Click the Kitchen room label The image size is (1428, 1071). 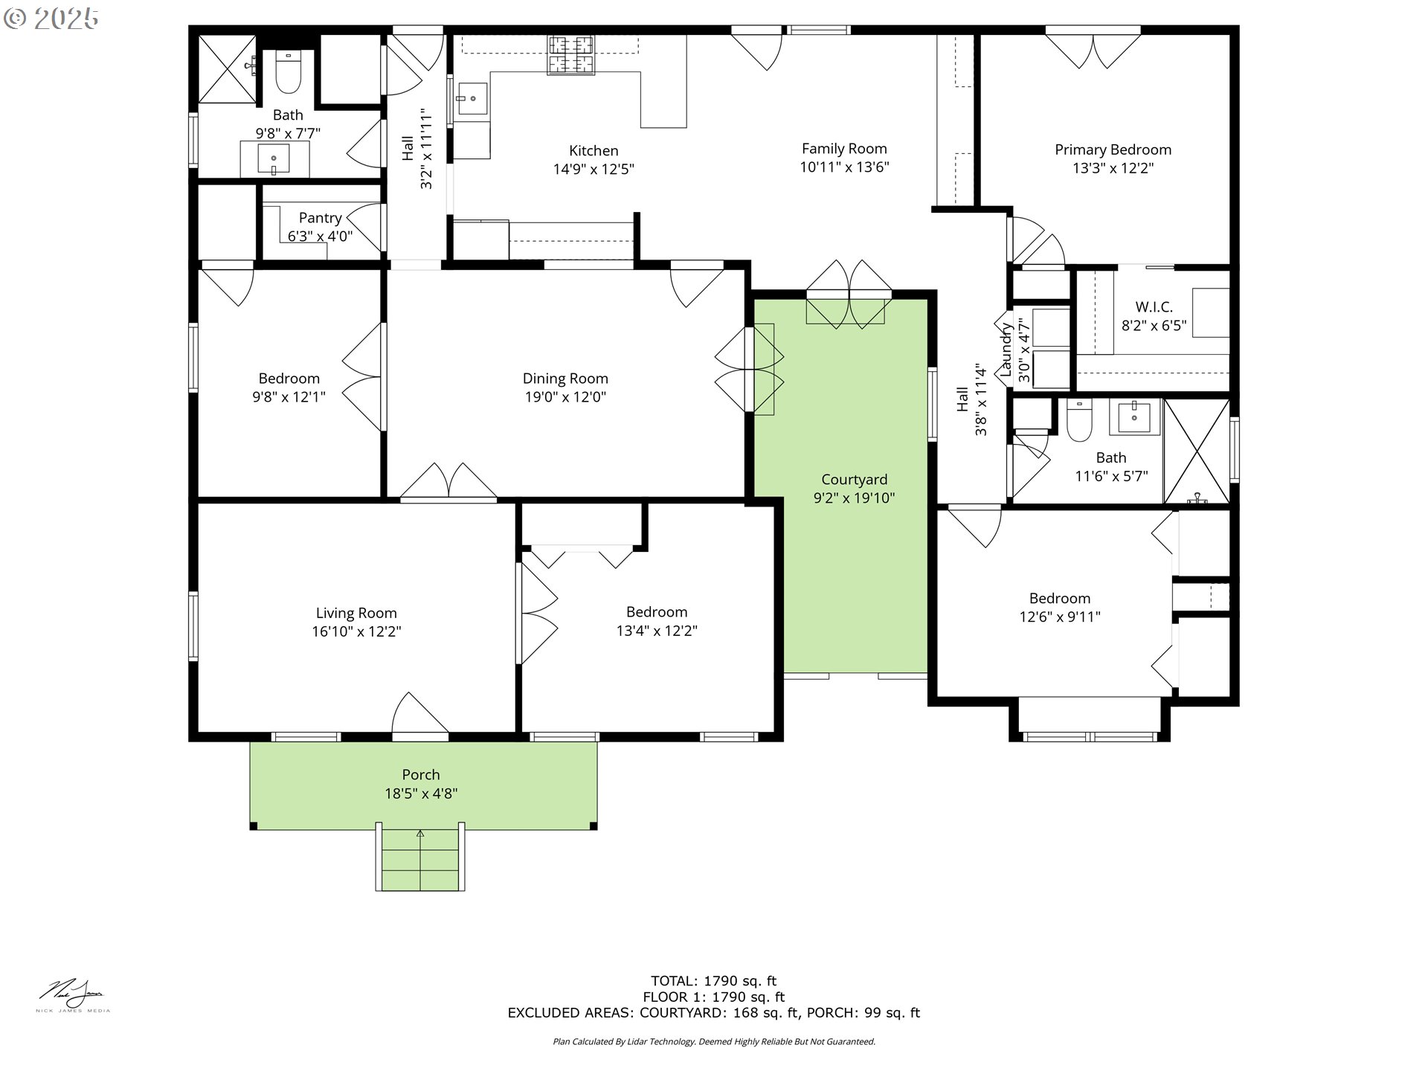point(594,151)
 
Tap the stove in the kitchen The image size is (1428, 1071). point(572,55)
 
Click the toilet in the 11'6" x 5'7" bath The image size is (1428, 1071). point(1078,422)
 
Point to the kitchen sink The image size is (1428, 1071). point(472,98)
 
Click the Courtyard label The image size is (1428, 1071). point(854,480)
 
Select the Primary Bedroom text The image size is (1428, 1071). point(1113,149)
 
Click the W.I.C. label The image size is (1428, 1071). point(1154,306)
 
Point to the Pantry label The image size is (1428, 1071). point(320,218)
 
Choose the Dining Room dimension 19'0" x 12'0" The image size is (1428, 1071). point(565,397)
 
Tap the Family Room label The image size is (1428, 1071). point(844,149)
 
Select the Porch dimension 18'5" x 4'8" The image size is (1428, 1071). point(421,794)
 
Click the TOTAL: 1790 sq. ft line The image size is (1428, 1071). point(713,981)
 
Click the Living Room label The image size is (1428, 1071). point(356,613)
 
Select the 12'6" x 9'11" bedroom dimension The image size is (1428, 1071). point(1060,617)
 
